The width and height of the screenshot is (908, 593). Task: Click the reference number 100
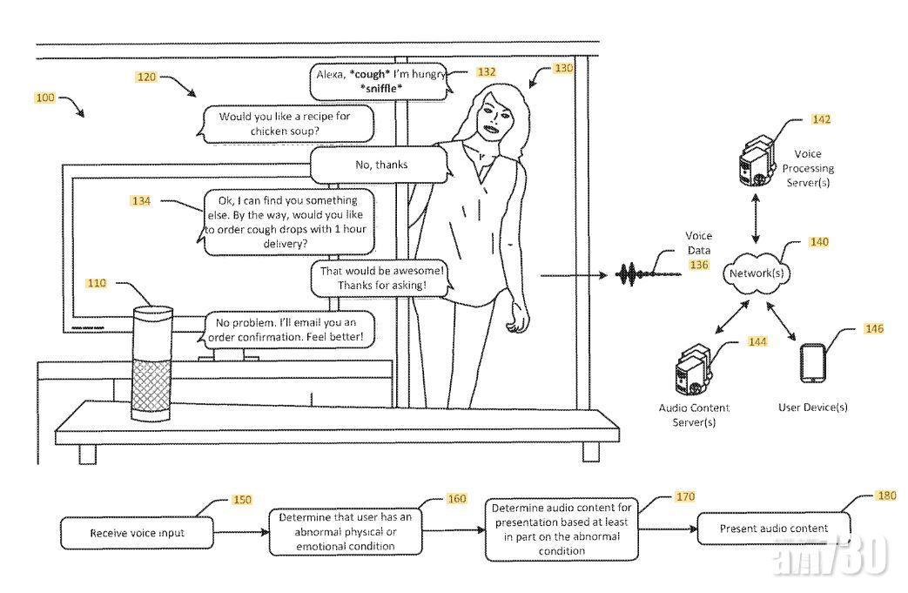pyautogui.click(x=44, y=98)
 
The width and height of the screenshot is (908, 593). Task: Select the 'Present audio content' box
pyautogui.click(x=773, y=529)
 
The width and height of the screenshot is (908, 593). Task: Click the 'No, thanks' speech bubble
pyautogui.click(x=380, y=165)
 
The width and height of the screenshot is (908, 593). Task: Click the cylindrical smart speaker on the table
pyautogui.click(x=153, y=363)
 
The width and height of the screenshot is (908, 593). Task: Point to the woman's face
pyautogui.click(x=492, y=117)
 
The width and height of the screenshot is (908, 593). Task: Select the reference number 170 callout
pyautogui.click(x=683, y=496)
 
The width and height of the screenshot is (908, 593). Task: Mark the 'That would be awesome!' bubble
pyautogui.click(x=380, y=278)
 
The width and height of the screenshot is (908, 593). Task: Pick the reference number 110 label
pyautogui.click(x=96, y=283)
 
